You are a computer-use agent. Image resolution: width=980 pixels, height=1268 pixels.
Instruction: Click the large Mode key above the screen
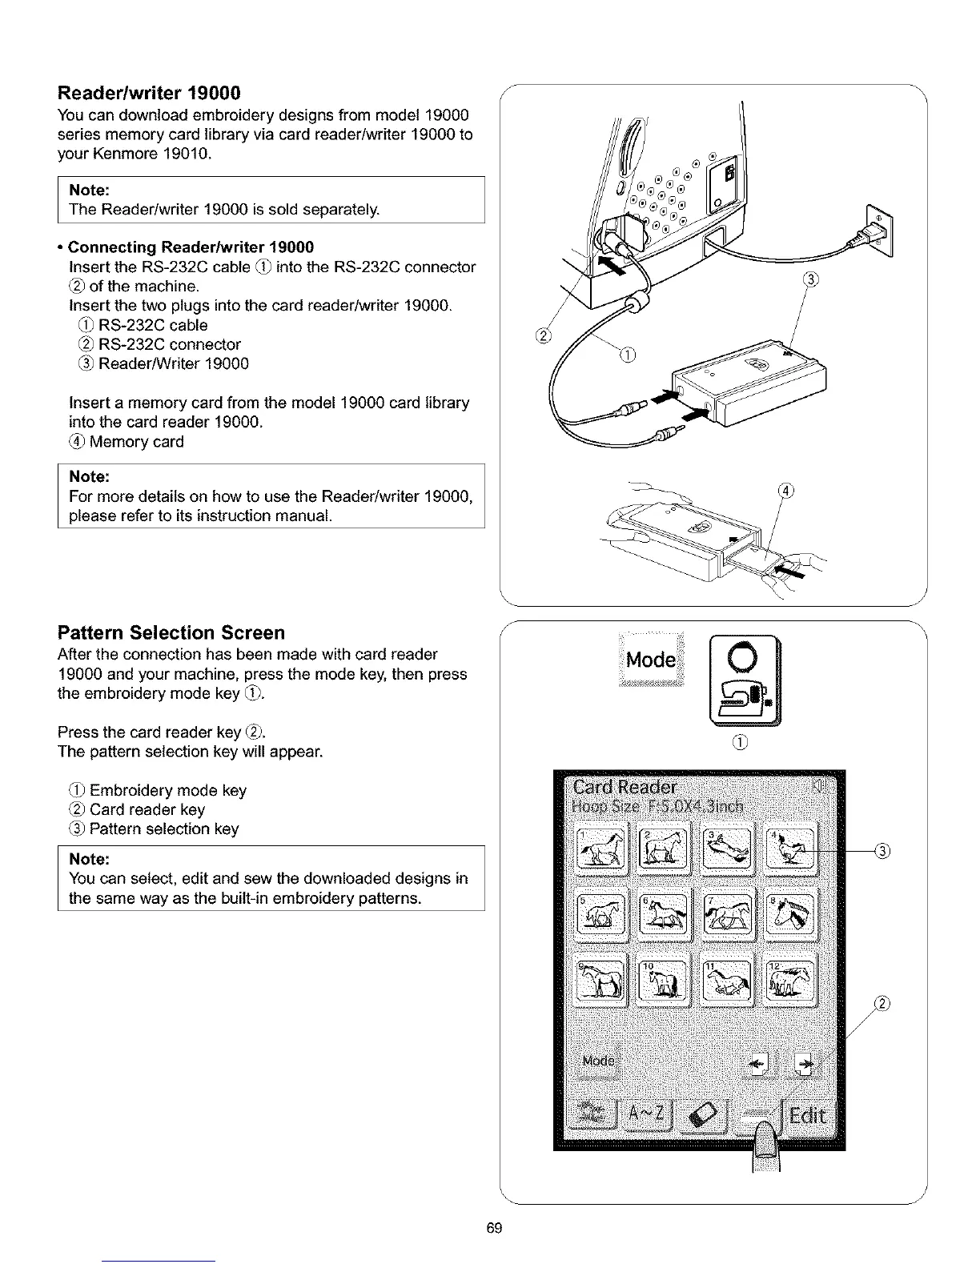click(x=651, y=660)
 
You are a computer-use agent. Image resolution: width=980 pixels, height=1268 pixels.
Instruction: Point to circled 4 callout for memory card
click(x=786, y=492)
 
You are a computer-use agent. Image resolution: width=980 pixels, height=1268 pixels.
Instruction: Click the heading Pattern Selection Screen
click(x=171, y=633)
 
